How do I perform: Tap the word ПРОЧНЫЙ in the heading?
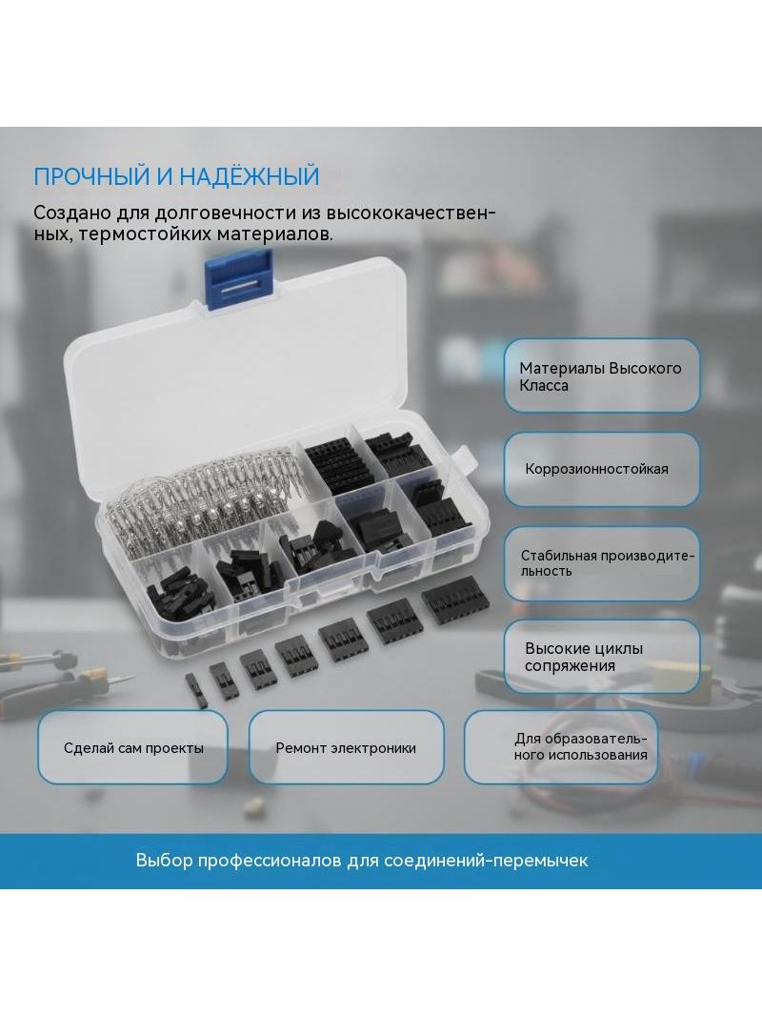click(94, 176)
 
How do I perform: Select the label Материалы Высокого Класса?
click(601, 376)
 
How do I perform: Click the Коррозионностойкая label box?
click(601, 469)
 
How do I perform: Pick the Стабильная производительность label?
click(601, 563)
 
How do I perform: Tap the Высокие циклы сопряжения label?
click(601, 657)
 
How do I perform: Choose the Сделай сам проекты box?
click(132, 748)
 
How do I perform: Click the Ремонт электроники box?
click(347, 748)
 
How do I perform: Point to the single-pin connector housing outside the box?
click(196, 691)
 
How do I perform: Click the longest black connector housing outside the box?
click(451, 600)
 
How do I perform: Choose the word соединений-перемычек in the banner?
click(486, 861)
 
